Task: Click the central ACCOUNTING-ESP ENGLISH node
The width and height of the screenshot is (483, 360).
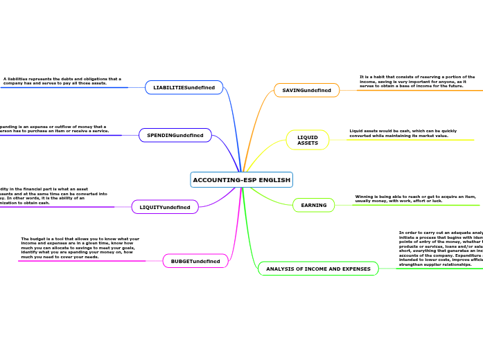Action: pos(241,180)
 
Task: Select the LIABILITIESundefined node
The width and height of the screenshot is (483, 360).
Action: pos(184,87)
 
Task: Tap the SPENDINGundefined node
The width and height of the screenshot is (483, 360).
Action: pos(175,134)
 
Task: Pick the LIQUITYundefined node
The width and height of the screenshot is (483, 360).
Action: pos(165,207)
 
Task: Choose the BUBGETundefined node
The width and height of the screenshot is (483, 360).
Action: pos(195,261)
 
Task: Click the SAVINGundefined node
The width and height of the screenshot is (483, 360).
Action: pos(306,90)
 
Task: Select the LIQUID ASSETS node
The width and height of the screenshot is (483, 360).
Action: pos(308,140)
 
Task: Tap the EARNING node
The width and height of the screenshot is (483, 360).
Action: pos(313,205)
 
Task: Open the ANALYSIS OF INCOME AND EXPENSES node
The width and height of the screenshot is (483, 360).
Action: pos(318,269)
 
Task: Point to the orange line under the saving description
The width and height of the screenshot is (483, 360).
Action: pos(416,91)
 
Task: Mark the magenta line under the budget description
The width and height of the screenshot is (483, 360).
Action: pos(83,261)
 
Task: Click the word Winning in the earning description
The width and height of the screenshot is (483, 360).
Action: pos(365,197)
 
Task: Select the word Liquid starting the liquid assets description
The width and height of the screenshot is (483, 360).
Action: pos(357,131)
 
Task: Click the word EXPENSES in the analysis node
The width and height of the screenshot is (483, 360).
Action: pos(353,269)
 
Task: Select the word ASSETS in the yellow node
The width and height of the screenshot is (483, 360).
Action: pos(308,143)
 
